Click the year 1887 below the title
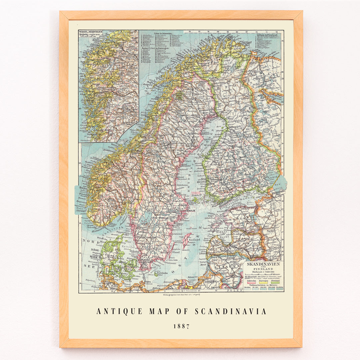pos(181,326)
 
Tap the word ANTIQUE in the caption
pos(119,311)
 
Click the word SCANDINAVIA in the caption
pos(231,311)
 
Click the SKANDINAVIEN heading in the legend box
pos(263,264)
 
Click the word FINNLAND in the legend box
pos(263,271)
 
